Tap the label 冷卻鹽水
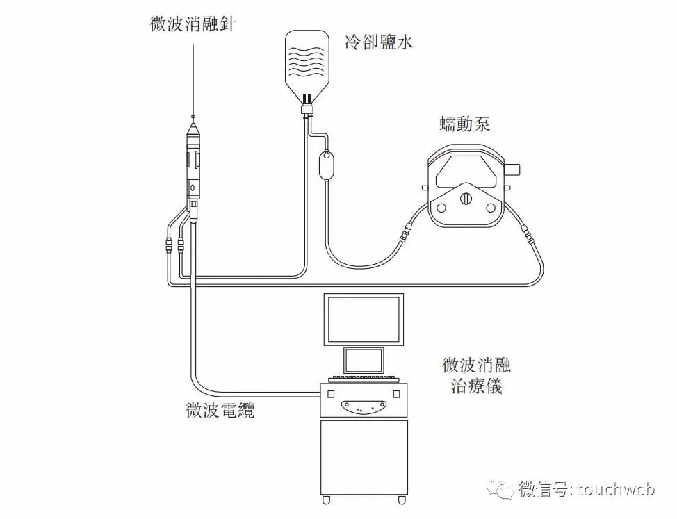coord(379,44)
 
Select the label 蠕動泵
coord(464,125)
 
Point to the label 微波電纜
coord(220,410)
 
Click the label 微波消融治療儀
coord(476,375)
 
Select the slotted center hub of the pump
coord(465,199)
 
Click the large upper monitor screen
coord(363,320)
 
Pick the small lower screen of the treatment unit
coord(364,361)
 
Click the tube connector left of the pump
coord(405,231)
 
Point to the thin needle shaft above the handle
coord(193,76)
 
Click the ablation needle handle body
coord(194,160)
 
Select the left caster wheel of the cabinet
coord(326,500)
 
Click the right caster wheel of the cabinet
coord(401,500)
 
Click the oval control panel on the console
coord(363,406)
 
